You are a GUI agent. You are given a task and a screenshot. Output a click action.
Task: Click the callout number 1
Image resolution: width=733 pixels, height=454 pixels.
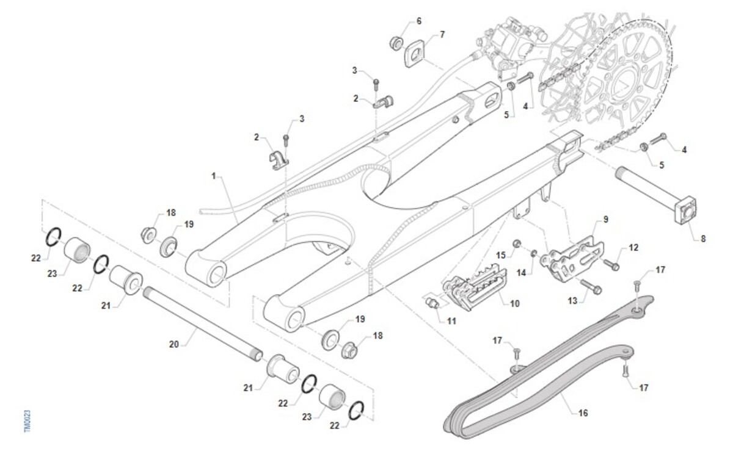point(214,176)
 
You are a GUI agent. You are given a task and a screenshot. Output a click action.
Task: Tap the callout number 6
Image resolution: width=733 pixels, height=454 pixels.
point(418,21)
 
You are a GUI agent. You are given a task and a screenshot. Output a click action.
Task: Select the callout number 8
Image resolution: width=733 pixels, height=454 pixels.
point(702,239)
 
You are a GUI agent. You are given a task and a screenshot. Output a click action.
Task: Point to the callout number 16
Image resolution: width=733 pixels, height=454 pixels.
point(583,413)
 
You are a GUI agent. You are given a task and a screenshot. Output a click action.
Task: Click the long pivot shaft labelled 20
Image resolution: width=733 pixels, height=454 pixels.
point(202,323)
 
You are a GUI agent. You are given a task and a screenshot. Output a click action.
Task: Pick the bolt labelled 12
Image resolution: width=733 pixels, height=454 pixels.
point(611,264)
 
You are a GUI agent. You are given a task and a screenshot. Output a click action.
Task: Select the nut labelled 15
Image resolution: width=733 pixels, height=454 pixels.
point(517,245)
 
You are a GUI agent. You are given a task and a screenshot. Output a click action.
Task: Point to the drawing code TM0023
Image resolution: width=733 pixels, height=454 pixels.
point(27,421)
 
